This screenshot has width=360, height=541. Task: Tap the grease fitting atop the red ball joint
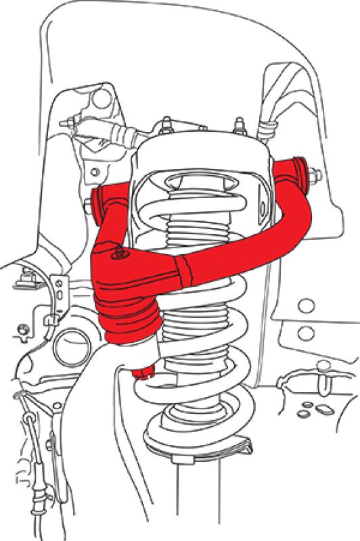pos(119,253)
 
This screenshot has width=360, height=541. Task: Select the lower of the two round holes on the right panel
pos(307,332)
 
